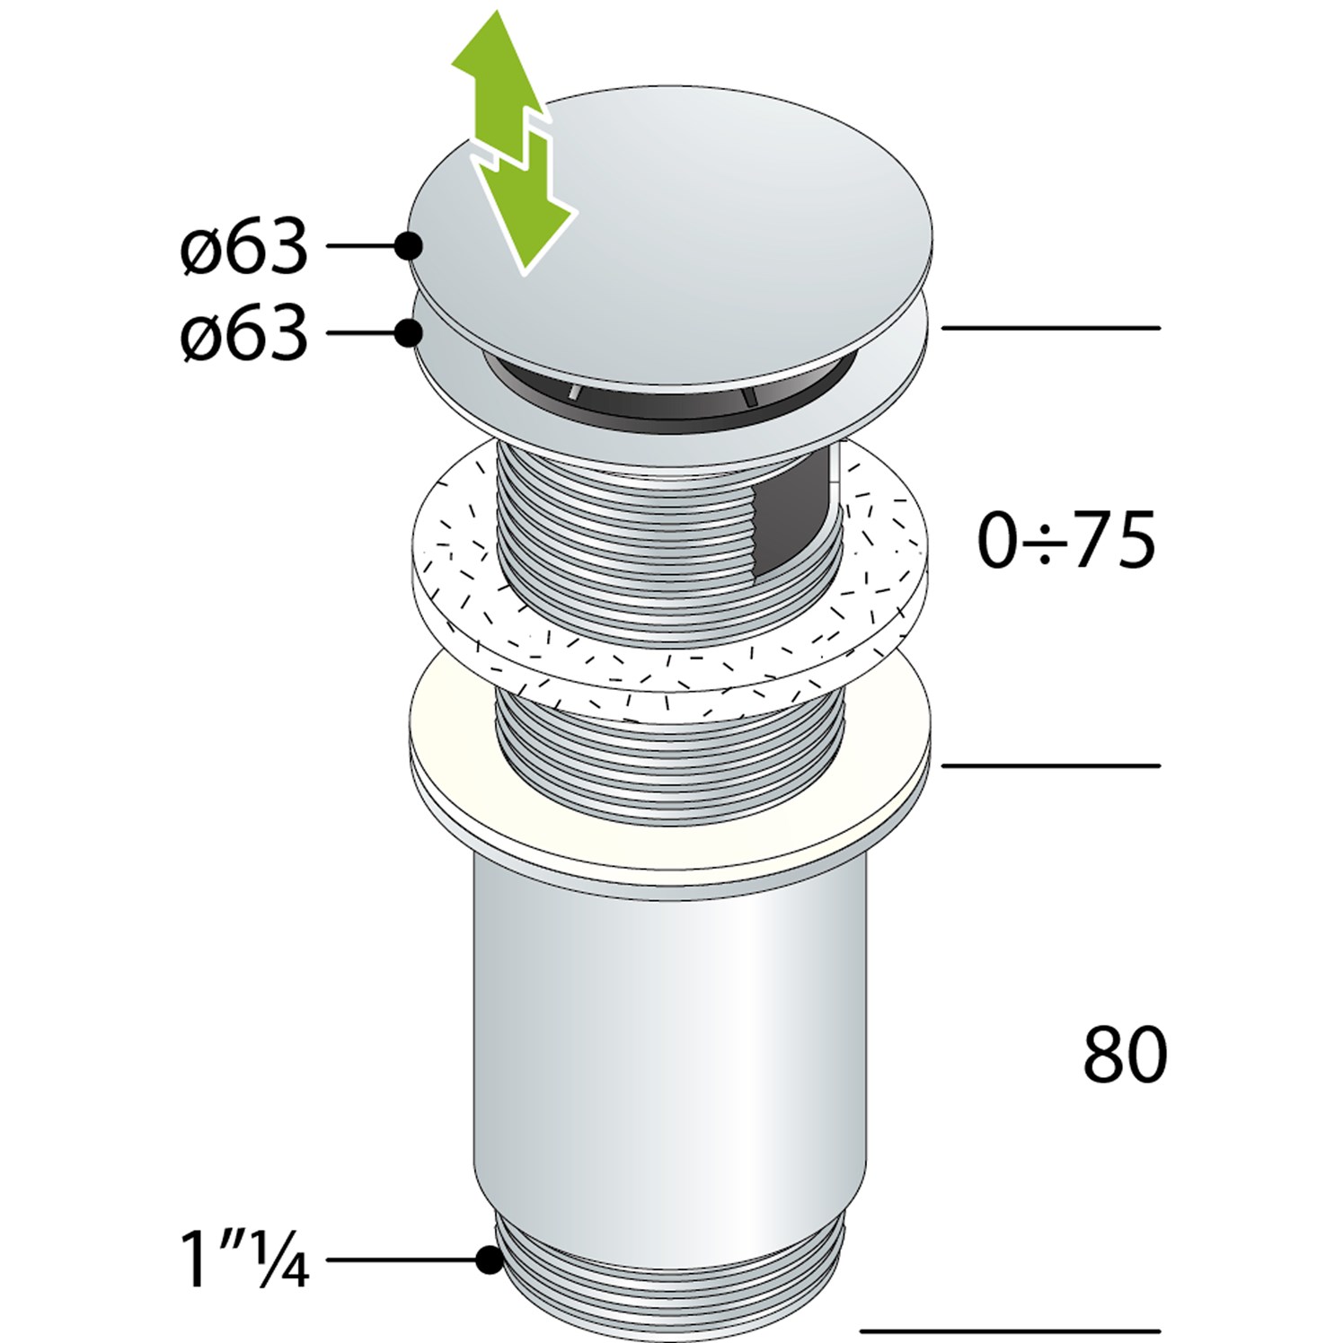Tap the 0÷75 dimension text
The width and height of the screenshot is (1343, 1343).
click(1066, 541)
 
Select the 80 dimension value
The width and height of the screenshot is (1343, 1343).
click(1125, 1055)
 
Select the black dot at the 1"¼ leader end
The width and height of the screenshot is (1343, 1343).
click(489, 1259)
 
